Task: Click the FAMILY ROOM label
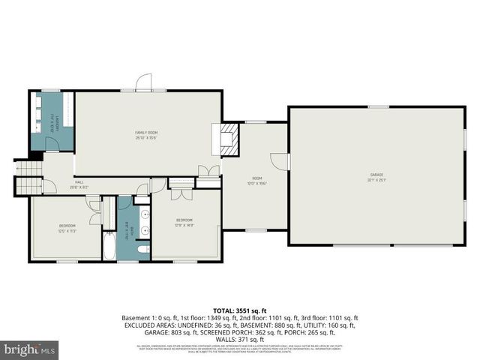[x=146, y=132]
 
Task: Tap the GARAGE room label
[x=374, y=174]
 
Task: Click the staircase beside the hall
[x=27, y=181]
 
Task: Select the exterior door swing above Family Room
[x=144, y=82]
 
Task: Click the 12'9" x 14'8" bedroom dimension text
[x=184, y=225]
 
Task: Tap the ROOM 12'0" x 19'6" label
[x=256, y=181]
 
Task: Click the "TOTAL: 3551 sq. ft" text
[x=239, y=310]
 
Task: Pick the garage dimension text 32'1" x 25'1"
[x=374, y=179]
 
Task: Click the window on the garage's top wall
[x=378, y=107]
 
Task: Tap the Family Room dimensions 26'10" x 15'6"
[x=146, y=137]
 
